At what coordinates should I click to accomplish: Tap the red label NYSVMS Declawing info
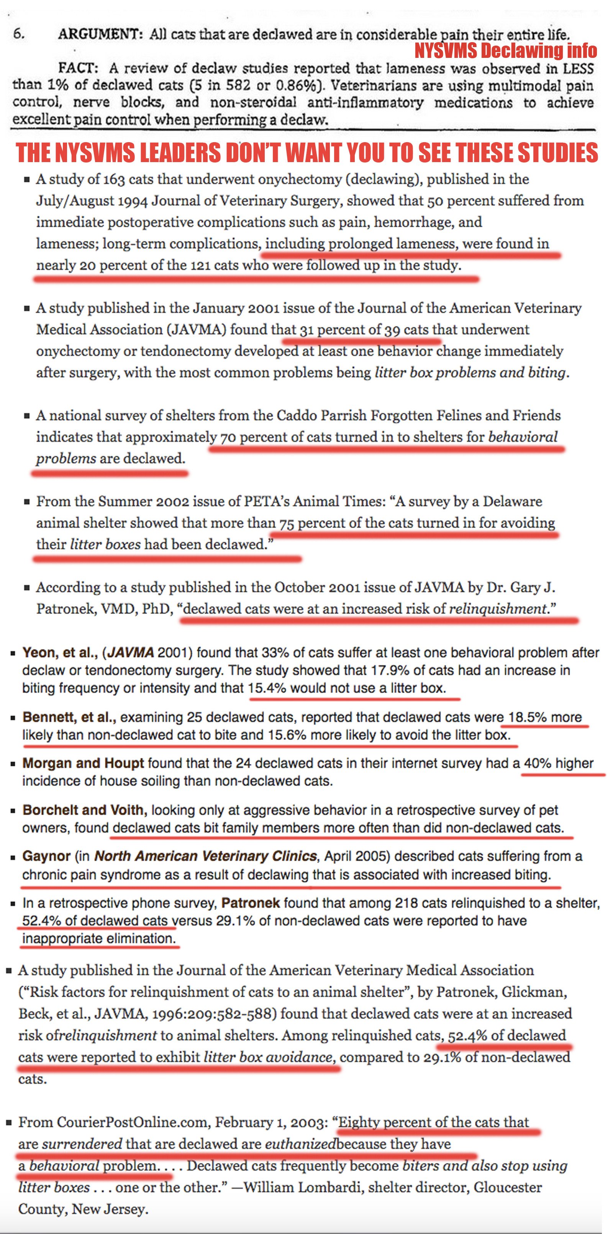click(x=505, y=50)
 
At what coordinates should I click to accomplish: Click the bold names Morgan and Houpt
click(x=83, y=763)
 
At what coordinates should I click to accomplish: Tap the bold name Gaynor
click(x=46, y=856)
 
